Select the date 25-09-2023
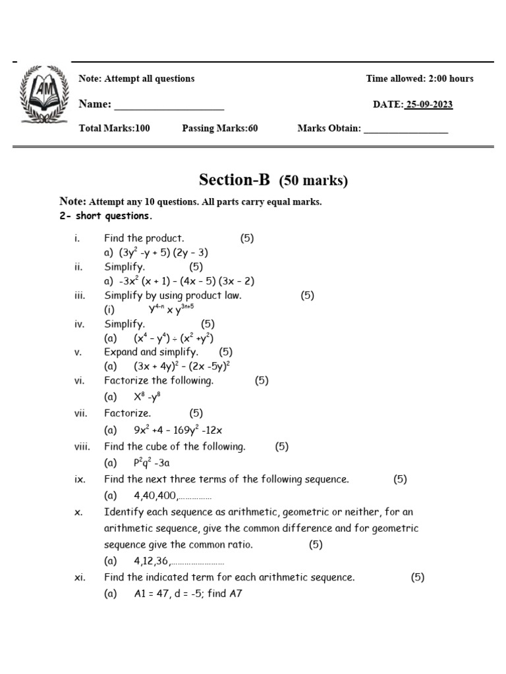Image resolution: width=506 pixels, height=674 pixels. click(x=429, y=105)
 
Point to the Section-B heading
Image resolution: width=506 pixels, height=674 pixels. click(x=235, y=180)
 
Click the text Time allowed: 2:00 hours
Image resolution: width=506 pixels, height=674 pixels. click(x=420, y=78)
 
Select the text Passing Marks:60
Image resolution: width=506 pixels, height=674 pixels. click(x=219, y=128)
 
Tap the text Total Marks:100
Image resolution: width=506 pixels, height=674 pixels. click(x=114, y=128)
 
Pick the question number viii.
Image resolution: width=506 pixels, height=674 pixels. click(x=82, y=446)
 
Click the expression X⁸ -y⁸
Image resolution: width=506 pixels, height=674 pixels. click(x=147, y=397)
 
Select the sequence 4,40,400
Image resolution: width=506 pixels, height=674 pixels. click(x=155, y=496)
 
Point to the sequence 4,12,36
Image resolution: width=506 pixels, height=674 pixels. click(x=152, y=561)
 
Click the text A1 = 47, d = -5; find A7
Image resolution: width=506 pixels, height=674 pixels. click(x=188, y=593)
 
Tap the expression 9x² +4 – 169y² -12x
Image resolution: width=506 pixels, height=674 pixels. click(x=178, y=430)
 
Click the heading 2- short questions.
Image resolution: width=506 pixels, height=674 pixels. click(x=105, y=216)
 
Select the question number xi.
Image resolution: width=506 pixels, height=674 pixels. click(x=80, y=577)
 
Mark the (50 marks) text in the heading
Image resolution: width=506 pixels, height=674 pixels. click(x=314, y=180)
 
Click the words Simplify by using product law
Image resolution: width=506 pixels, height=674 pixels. click(x=173, y=296)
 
